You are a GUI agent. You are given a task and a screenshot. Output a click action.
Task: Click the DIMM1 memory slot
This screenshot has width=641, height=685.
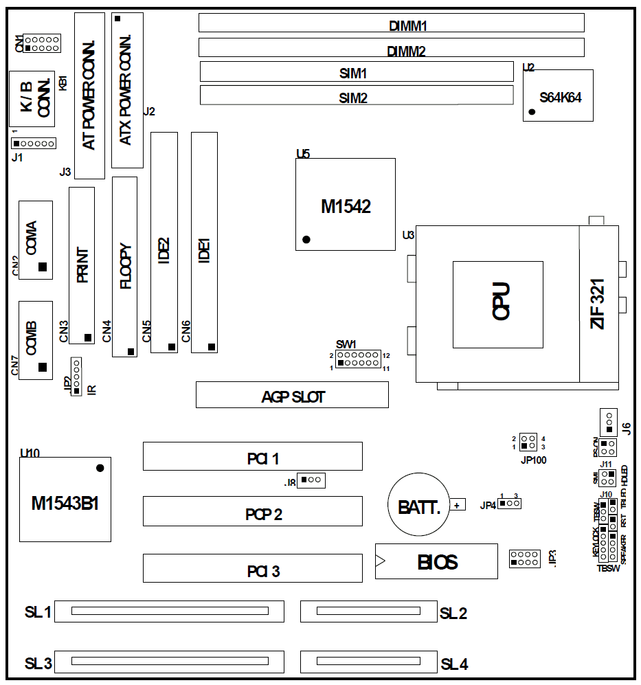point(391,23)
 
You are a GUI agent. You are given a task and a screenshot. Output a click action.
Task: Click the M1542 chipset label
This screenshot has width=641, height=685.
point(346,206)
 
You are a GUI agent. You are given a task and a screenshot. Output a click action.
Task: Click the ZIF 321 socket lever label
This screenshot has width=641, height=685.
point(598,306)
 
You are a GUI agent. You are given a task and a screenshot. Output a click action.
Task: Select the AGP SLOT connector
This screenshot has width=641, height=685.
point(292,395)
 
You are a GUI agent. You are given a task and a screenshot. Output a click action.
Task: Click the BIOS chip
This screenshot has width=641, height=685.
point(436,561)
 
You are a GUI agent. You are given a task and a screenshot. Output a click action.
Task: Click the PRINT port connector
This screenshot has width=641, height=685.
point(82,265)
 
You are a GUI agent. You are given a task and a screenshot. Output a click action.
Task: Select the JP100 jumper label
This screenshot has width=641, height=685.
point(533,460)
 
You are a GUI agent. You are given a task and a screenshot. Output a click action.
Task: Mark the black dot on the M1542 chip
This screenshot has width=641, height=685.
point(306,240)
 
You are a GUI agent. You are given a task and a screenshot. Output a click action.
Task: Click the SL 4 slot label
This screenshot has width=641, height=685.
point(454,664)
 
